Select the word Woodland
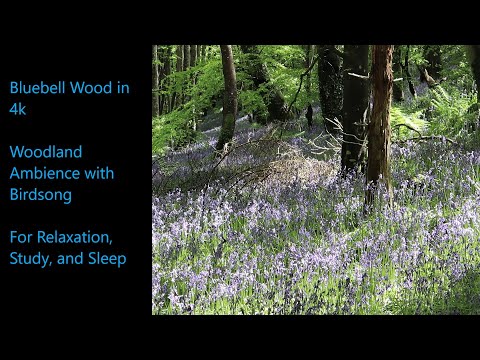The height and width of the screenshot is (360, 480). pyautogui.click(x=46, y=152)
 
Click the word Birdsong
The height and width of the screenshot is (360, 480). pyautogui.click(x=41, y=195)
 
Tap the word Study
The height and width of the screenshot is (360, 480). pyautogui.click(x=30, y=260)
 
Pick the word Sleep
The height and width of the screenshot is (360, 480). pyautogui.click(x=105, y=260)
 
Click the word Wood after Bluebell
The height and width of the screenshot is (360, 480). pyautogui.click(x=93, y=87)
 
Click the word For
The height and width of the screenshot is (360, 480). pyautogui.click(x=22, y=238)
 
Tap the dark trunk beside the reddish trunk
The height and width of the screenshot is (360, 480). pyautogui.click(x=354, y=110)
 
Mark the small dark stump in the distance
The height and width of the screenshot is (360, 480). pyautogui.click(x=309, y=115)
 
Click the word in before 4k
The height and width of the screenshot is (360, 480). pyautogui.click(x=121, y=87)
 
